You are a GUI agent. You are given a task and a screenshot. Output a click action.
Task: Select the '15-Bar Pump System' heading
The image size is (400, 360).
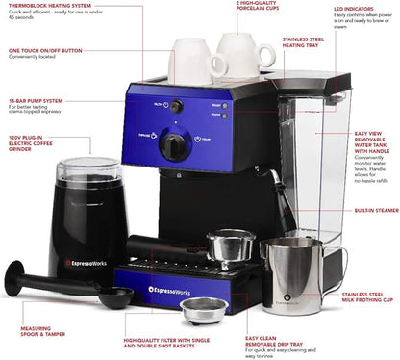(x=35, y=99)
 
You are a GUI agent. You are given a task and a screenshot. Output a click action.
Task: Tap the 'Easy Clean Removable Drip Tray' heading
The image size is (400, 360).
(x=271, y=342)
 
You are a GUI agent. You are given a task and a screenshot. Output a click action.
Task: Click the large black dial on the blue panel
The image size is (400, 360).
(x=174, y=146)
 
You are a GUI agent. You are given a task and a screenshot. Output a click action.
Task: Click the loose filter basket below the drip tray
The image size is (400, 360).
(x=205, y=310)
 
